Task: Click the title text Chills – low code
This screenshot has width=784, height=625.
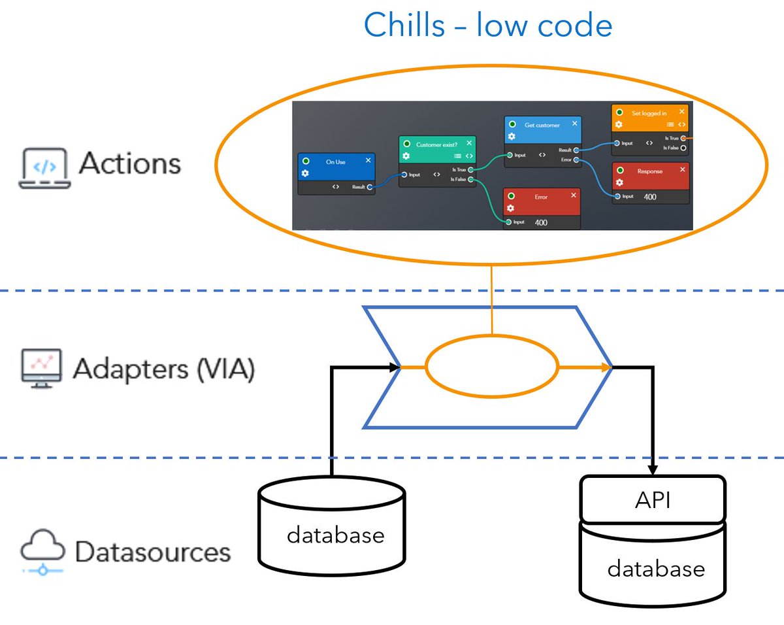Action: pos(487,26)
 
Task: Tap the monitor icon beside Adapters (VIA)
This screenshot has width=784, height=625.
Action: pos(41,369)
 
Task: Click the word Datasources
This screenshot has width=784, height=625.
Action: pos(153,552)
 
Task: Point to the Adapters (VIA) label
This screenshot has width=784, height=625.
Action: pos(163,369)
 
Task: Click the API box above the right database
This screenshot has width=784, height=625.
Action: pos(653,500)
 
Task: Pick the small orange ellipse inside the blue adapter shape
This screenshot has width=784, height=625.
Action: pos(492,367)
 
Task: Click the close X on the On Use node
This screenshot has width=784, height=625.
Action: pos(368,160)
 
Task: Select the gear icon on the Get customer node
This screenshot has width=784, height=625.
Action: pos(512,136)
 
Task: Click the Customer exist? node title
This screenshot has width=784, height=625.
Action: pos(436,144)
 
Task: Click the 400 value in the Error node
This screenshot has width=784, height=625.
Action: pos(541,223)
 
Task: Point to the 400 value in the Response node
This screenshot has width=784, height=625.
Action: pos(650,196)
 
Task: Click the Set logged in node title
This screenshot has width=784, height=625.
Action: pos(649,113)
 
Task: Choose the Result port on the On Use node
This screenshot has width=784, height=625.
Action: pos(370,187)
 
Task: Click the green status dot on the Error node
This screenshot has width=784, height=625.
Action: pos(512,196)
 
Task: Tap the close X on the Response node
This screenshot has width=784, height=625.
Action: pos(683,169)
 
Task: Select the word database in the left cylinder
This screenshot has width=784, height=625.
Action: pos(335,536)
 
